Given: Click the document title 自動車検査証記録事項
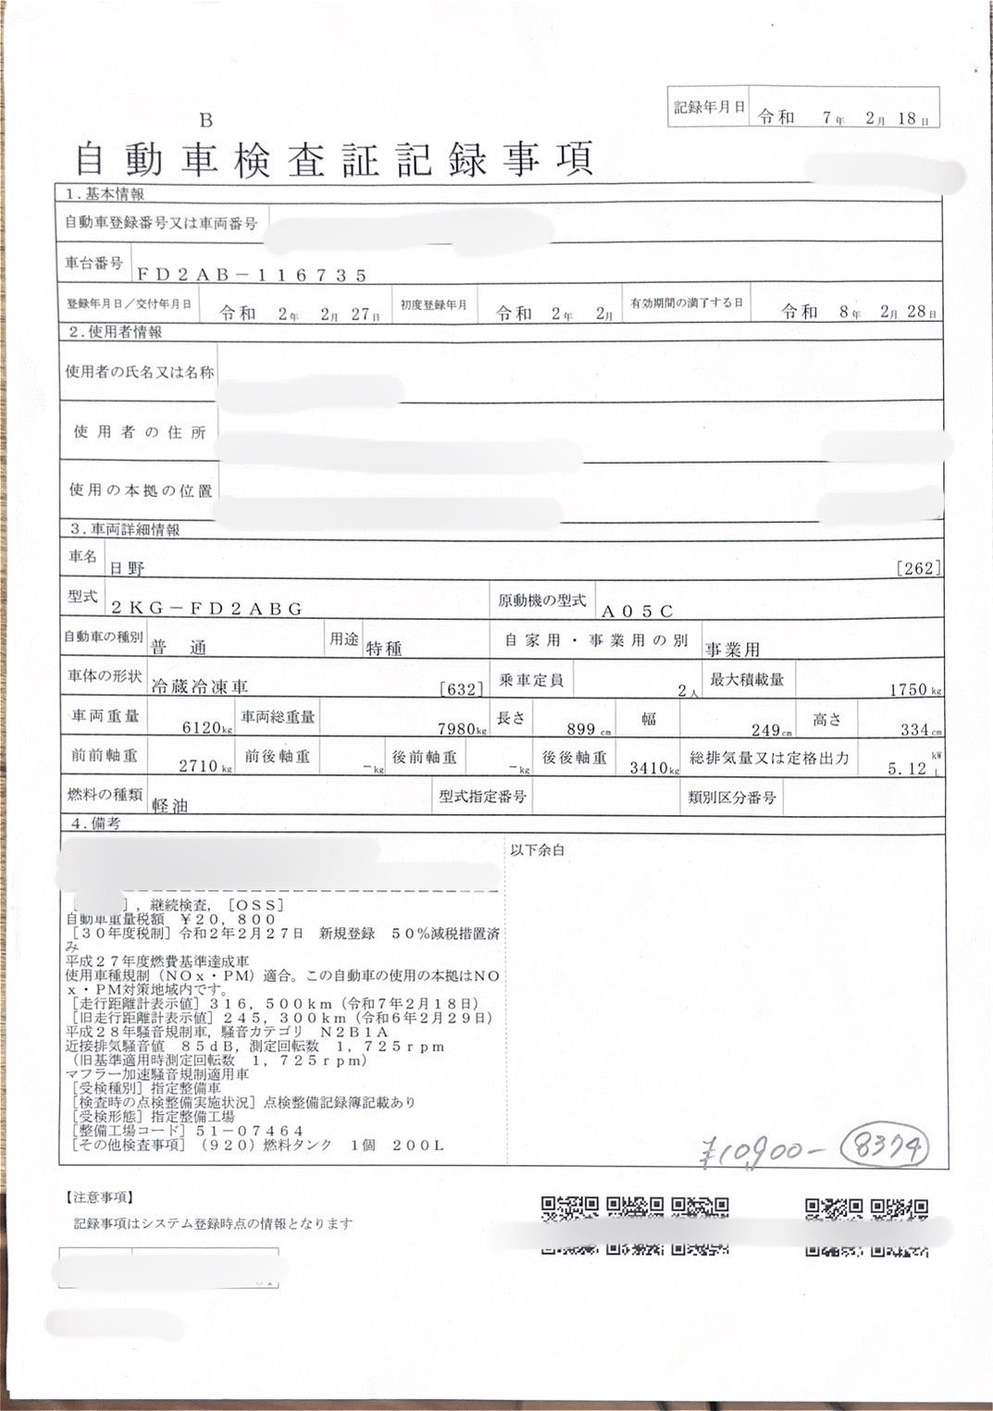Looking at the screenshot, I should [x=332, y=159].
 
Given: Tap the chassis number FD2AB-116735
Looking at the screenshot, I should [x=252, y=275].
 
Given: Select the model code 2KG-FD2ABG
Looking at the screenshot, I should [x=206, y=608].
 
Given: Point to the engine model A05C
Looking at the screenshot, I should [x=638, y=611].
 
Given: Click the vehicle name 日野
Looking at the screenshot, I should [x=127, y=568].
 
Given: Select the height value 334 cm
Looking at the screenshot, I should [x=919, y=730].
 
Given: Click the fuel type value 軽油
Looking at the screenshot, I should [x=170, y=806].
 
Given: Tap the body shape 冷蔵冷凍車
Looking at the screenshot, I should [x=199, y=687].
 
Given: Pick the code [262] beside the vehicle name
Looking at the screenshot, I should [x=918, y=568].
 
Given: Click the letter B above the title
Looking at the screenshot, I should [x=205, y=120].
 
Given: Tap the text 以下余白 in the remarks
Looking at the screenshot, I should [x=537, y=849].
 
